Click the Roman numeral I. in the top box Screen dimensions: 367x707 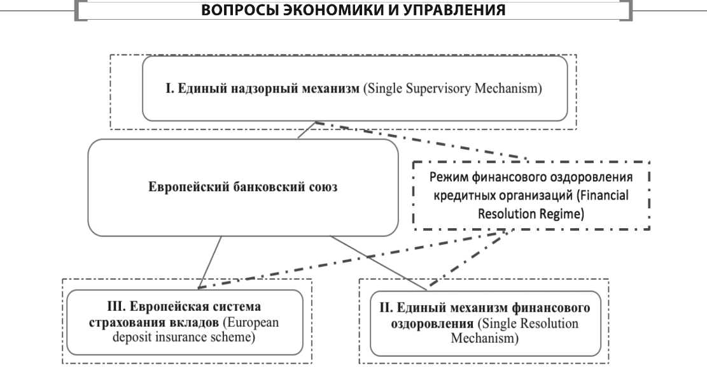[170, 89]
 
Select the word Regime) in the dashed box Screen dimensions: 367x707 [558, 214]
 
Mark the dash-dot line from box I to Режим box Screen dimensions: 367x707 [420, 140]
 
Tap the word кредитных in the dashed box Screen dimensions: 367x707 [461, 196]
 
